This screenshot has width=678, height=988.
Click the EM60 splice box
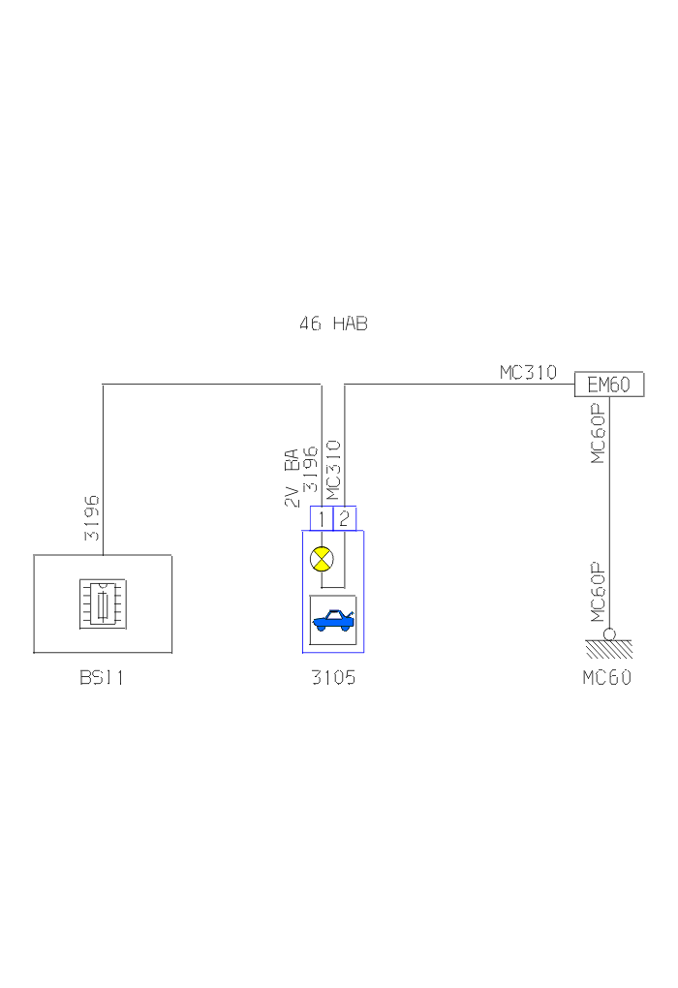click(608, 384)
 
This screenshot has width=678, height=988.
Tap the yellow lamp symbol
click(322, 559)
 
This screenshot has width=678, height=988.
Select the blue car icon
click(333, 621)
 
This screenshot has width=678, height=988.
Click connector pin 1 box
click(322, 518)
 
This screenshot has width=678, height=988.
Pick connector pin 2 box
click(344, 518)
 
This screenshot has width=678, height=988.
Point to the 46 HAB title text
click(333, 324)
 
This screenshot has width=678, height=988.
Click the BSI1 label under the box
click(102, 677)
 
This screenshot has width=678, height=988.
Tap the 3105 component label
click(333, 677)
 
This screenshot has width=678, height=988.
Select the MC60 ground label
click(606, 677)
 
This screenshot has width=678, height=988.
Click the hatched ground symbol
click(609, 649)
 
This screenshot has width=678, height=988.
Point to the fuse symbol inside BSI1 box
click(103, 604)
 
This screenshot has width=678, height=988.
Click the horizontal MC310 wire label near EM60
click(528, 372)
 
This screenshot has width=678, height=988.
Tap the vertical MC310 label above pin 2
click(333, 470)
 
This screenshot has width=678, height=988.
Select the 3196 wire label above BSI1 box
click(92, 518)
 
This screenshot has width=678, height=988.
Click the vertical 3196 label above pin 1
click(310, 470)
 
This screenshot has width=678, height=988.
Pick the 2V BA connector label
click(291, 478)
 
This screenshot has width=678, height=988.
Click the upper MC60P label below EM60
click(598, 434)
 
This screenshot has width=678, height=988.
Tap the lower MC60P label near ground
click(598, 592)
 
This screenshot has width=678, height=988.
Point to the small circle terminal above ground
click(609, 633)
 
